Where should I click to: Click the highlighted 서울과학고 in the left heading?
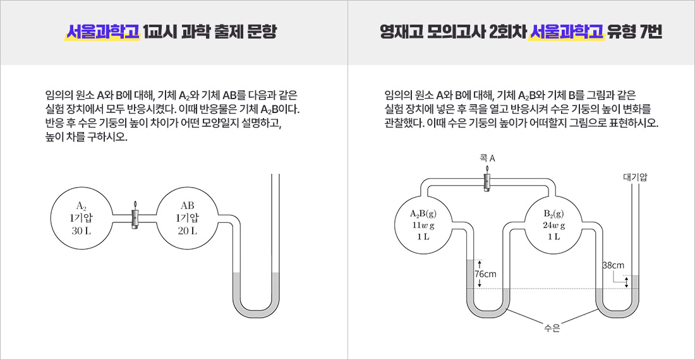click(102, 32)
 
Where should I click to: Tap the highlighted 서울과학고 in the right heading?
click(566, 32)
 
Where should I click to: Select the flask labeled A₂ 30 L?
click(81, 218)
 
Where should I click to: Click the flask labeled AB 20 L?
click(187, 218)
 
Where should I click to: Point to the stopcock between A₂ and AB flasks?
click(134, 219)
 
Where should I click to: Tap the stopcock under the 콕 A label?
click(486, 182)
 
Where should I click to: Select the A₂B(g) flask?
click(423, 224)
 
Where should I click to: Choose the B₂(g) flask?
click(554, 224)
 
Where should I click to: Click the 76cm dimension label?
click(485, 274)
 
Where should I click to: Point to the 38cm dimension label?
click(613, 265)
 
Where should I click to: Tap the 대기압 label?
click(634, 177)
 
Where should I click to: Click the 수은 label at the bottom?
click(552, 328)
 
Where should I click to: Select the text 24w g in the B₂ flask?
click(553, 225)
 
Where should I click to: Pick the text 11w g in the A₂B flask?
click(423, 225)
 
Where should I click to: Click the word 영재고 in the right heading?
click(399, 32)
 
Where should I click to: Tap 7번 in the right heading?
click(650, 32)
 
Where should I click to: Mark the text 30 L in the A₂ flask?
click(81, 231)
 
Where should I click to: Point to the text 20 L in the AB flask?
click(187, 231)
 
